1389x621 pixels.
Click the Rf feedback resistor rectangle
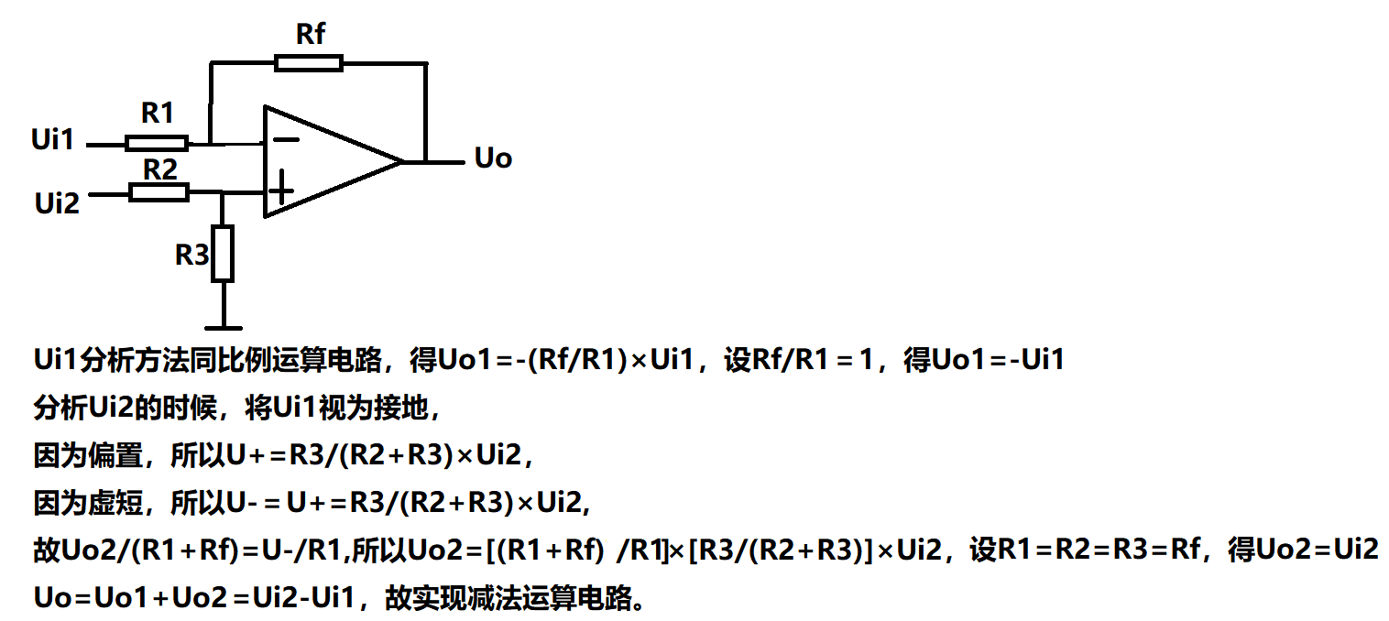tap(309, 63)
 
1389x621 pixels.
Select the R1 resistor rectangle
tap(157, 143)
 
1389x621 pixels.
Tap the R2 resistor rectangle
tap(159, 192)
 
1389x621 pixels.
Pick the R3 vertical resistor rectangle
tap(224, 253)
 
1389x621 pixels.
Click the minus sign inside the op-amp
tap(286, 140)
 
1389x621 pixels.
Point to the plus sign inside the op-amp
tap(282, 188)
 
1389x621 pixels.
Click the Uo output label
tap(493, 158)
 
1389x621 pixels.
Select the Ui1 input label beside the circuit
tap(52, 140)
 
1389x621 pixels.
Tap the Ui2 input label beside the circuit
tap(57, 202)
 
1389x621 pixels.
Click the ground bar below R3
tap(224, 326)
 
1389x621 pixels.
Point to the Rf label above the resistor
tap(311, 35)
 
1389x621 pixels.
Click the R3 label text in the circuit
tap(192, 256)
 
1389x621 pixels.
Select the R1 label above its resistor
tap(158, 114)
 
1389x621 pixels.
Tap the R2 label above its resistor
tap(159, 169)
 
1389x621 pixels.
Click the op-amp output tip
tap(403, 162)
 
